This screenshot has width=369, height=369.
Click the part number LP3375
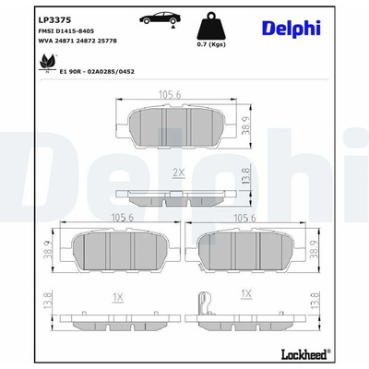coord(54,20)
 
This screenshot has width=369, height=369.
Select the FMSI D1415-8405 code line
coord(66,31)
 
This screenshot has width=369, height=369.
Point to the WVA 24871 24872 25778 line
coord(77,41)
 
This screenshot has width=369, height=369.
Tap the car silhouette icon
coord(159,19)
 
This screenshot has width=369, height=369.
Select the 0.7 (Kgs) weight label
coord(211,44)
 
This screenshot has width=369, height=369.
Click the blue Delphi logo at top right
coord(292,29)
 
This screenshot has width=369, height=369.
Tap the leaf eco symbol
coord(48,63)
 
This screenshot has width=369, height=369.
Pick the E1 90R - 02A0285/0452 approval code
coord(97,72)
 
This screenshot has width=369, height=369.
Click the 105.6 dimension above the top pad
coord(170,95)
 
